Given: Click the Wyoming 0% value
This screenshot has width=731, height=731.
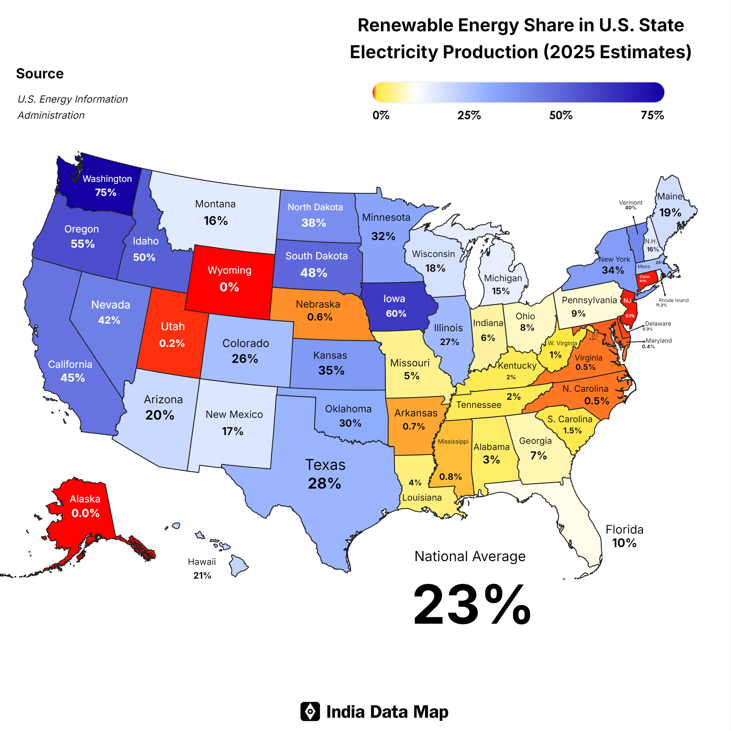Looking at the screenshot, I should (x=229, y=287).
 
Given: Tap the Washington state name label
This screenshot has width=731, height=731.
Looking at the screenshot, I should (x=107, y=179).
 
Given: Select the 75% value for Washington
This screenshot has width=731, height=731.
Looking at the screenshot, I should (x=106, y=193).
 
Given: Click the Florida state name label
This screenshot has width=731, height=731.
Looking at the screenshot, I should (x=624, y=529).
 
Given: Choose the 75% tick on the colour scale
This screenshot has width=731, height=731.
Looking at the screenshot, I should (x=652, y=115).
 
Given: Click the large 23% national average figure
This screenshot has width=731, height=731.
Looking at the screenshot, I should (x=472, y=605).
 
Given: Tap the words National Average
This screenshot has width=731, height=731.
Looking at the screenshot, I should (x=470, y=556).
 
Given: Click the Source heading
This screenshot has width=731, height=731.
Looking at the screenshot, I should (x=40, y=73).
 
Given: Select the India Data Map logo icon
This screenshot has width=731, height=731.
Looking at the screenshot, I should (x=310, y=712).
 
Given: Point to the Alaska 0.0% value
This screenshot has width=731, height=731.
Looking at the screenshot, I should (x=85, y=513).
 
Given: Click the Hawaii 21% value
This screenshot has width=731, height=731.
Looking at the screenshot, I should (x=202, y=575).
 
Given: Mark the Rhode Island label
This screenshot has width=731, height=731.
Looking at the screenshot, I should (x=673, y=300).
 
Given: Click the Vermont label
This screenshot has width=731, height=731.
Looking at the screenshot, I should (x=630, y=202).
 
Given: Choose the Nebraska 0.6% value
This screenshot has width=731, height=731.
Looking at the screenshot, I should (x=320, y=317).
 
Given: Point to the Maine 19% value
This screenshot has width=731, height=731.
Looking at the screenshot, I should (x=670, y=213).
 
